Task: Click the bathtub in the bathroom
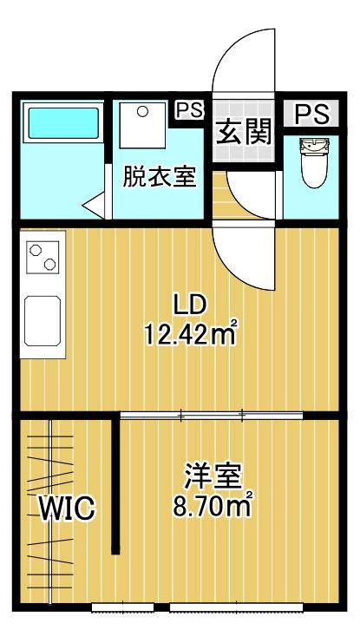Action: [x=63, y=122]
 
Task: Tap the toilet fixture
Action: [x=314, y=162]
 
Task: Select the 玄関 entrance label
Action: [x=245, y=131]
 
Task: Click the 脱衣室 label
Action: [x=159, y=177]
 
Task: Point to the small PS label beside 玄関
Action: [x=189, y=109]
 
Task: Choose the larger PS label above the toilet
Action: [x=312, y=114]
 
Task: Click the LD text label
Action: [x=189, y=305]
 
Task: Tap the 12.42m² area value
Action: [x=191, y=334]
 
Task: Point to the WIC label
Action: [x=68, y=508]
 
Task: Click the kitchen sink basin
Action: [x=43, y=321]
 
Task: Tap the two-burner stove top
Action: [x=43, y=257]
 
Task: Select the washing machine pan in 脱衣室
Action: [x=142, y=125]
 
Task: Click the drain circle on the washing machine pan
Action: [x=142, y=112]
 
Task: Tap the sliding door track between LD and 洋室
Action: [x=212, y=416]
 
